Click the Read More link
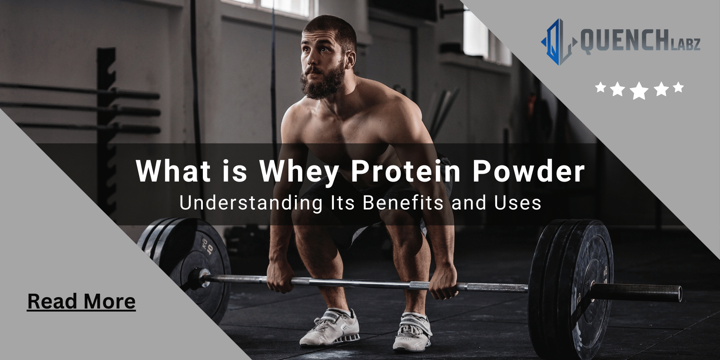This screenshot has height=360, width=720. [x=81, y=302]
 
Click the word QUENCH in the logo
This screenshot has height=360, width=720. [x=620, y=42]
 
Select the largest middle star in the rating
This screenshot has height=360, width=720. [x=639, y=91]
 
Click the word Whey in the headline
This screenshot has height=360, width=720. [x=299, y=171]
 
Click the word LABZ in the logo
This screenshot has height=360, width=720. [x=686, y=44]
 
